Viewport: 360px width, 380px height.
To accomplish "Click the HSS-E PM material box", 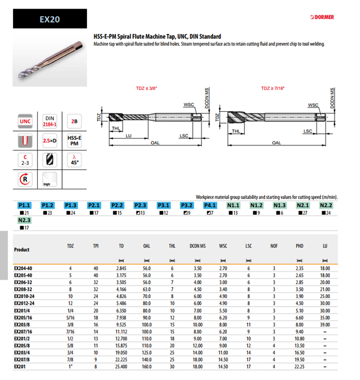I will [x=72, y=141].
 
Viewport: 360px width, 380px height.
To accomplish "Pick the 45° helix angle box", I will [x=72, y=160].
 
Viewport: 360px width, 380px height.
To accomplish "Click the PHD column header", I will [x=300, y=247].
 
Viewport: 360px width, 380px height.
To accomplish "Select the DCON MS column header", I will [x=197, y=247].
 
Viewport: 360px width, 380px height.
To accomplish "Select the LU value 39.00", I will [x=324, y=326].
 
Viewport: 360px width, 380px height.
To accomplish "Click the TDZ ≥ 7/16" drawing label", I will [x=273, y=89].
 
